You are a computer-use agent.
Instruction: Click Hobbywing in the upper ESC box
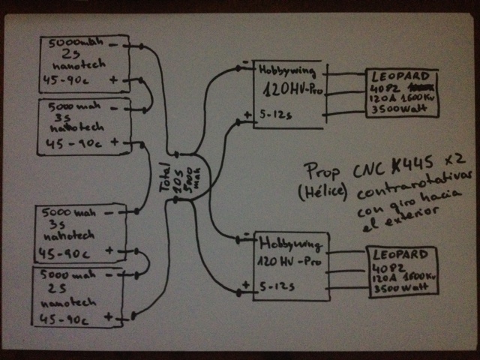point(283,71)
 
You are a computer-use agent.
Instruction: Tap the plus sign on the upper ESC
point(247,115)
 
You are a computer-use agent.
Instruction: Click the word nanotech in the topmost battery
point(76,67)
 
